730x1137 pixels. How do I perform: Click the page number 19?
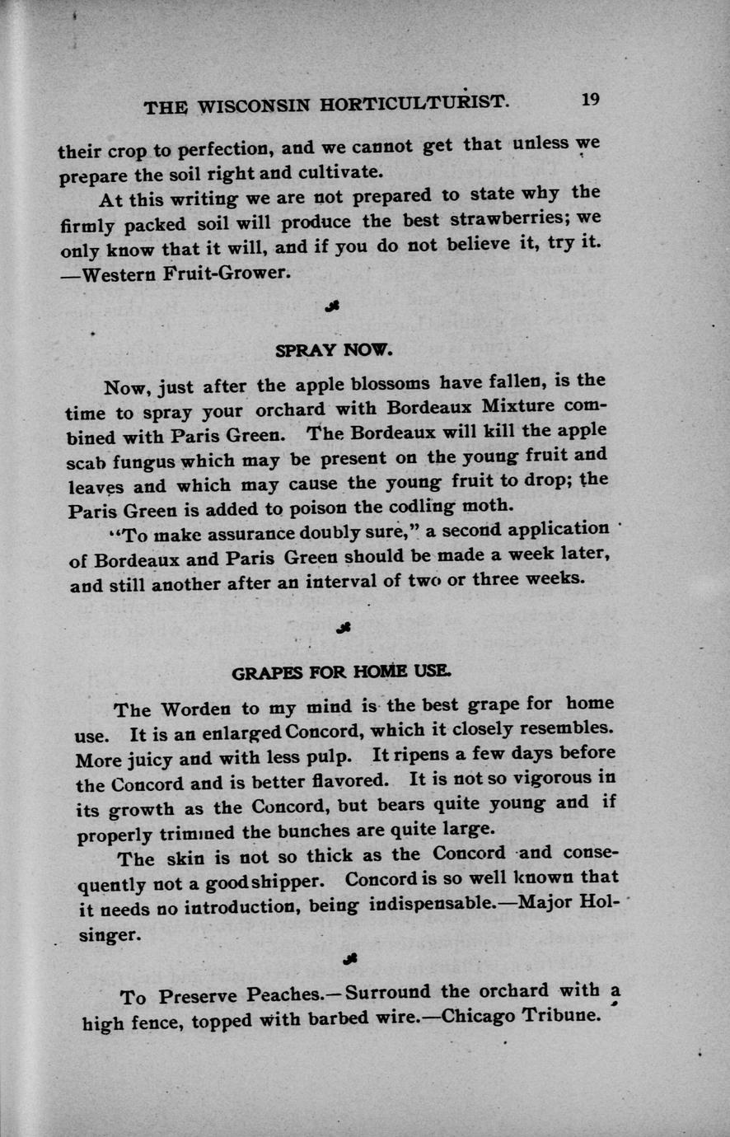[590, 99]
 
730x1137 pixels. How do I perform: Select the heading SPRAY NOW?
[335, 349]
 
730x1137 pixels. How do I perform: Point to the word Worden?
[196, 709]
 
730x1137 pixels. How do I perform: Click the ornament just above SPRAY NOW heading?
[334, 306]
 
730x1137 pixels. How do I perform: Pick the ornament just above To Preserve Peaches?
[349, 957]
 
